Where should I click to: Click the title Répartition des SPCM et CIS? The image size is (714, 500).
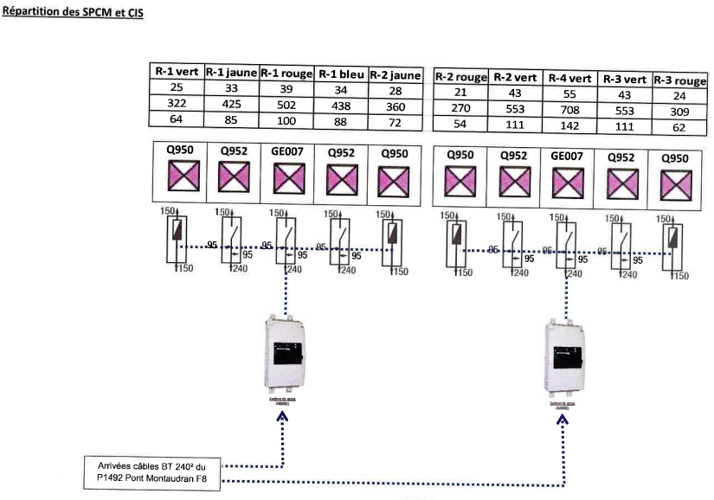pyautogui.click(x=73, y=15)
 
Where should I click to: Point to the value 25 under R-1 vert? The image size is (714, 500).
pyautogui.click(x=177, y=89)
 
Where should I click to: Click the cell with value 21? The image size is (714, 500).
pyautogui.click(x=460, y=93)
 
